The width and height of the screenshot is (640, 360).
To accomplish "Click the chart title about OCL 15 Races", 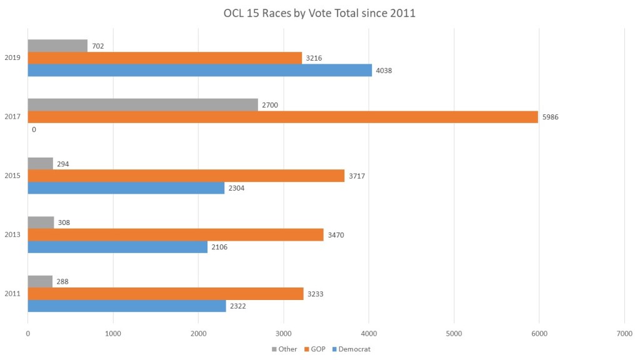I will click(x=319, y=13).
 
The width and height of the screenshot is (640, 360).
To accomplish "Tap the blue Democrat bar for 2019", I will click(x=200, y=71).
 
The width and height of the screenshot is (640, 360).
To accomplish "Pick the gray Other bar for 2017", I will click(x=142, y=104).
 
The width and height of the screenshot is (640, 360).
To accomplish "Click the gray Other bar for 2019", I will click(x=57, y=46).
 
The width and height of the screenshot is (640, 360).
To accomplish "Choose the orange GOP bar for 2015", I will click(x=186, y=176).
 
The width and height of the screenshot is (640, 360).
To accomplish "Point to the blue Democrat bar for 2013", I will click(x=117, y=247).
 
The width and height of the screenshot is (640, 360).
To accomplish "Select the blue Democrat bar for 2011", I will click(x=127, y=306).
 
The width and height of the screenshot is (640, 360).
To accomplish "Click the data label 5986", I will click(x=550, y=117).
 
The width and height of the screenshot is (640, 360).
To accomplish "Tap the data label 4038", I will click(x=384, y=71).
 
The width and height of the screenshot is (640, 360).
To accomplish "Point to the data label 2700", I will click(x=270, y=105).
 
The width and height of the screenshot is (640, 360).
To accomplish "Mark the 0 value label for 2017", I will click(x=34, y=129).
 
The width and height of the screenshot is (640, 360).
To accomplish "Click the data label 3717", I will click(x=356, y=176).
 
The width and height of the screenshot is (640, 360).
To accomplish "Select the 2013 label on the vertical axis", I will click(x=12, y=234).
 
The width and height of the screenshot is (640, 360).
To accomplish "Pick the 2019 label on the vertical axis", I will click(x=12, y=58).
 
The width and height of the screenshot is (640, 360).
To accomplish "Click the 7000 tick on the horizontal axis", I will click(x=624, y=334).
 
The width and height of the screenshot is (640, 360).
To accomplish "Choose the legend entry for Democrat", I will click(x=351, y=349).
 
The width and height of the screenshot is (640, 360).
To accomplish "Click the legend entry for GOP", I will click(x=315, y=349).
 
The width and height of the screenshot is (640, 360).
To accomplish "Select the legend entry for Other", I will click(x=284, y=349).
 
